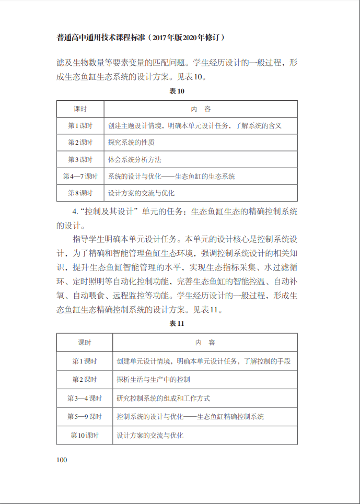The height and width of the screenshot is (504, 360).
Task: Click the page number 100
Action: point(62,460)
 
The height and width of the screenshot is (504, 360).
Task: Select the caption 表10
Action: point(177,91)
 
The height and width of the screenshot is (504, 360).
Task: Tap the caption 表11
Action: point(177,324)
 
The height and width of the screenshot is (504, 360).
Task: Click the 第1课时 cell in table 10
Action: point(80,126)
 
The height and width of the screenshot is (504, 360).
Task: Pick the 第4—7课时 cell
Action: point(80,177)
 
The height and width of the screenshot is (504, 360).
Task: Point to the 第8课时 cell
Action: point(80,193)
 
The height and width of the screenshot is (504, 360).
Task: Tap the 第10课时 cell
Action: point(85,435)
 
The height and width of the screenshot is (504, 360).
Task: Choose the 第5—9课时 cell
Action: point(85,417)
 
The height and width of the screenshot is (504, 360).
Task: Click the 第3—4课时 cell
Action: point(85,398)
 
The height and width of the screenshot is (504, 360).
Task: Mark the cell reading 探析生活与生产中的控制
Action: point(154,380)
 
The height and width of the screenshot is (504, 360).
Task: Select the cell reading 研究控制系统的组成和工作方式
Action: point(164,398)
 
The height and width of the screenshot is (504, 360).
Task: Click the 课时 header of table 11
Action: point(85,343)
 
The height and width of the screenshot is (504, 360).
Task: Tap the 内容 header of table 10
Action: point(201,109)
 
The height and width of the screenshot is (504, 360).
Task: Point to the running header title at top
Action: point(141,38)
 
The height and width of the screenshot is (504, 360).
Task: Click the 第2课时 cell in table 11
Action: point(85,380)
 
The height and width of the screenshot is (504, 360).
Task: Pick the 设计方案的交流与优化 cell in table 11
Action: point(150,435)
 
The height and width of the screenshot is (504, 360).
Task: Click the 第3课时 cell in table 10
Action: point(80,159)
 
